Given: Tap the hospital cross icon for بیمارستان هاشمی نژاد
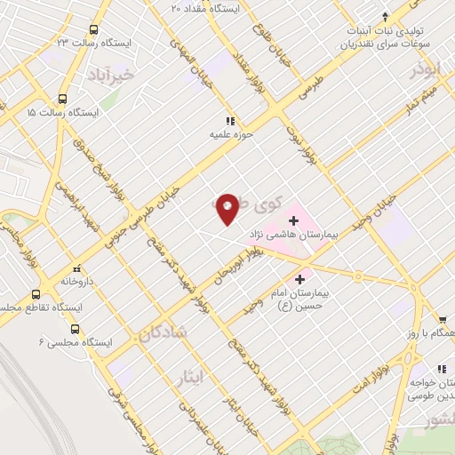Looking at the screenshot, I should (x=294, y=220).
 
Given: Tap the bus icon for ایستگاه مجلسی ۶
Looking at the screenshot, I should (x=75, y=328).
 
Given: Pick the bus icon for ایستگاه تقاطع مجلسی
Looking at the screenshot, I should (x=36, y=294).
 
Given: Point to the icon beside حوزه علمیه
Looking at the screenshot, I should (x=229, y=121).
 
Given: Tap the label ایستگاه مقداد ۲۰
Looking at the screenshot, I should (x=205, y=7).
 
